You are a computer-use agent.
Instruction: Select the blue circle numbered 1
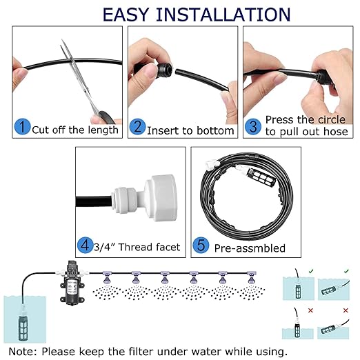point(23,127)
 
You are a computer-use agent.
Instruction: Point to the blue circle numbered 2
point(138,127)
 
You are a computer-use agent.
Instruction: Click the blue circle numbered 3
point(252,126)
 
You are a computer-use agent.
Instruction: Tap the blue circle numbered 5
point(201,246)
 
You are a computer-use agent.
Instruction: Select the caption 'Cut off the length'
point(75,129)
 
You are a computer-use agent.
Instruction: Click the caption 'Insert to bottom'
point(191,129)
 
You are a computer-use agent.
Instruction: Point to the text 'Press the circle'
point(306,119)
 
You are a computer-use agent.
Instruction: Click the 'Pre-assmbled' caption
point(249,247)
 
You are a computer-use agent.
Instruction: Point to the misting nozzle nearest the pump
point(109,277)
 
